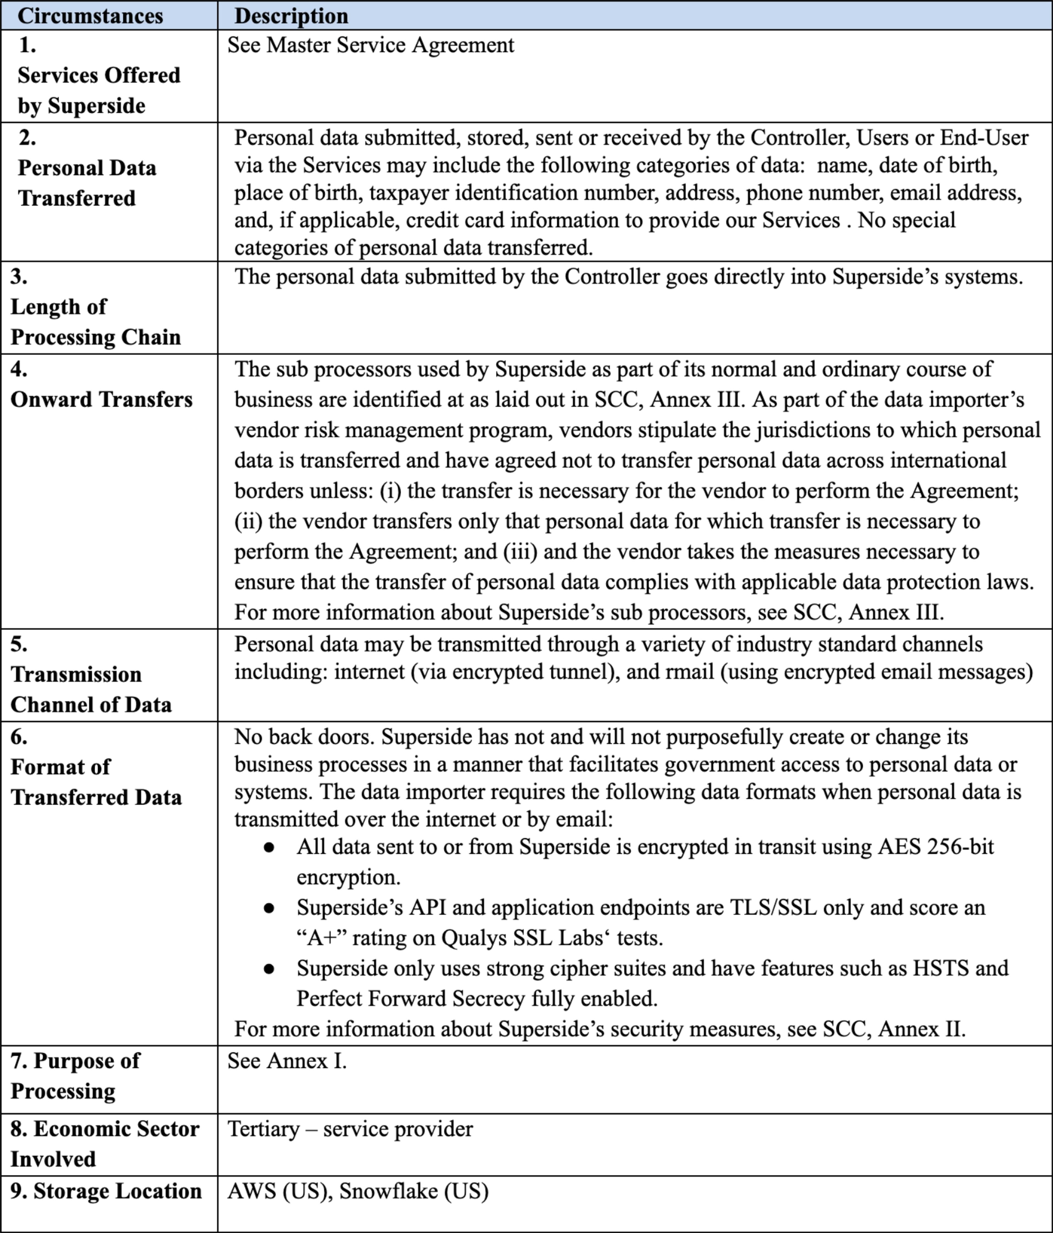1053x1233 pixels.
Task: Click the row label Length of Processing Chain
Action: (95, 321)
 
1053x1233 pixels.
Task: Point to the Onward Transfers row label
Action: (101, 399)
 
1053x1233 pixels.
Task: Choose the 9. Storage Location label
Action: (106, 1191)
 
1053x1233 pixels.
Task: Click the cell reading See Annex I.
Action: (287, 1060)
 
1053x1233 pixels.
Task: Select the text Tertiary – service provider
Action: (350, 1129)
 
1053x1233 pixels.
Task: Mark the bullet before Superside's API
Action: (269, 908)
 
